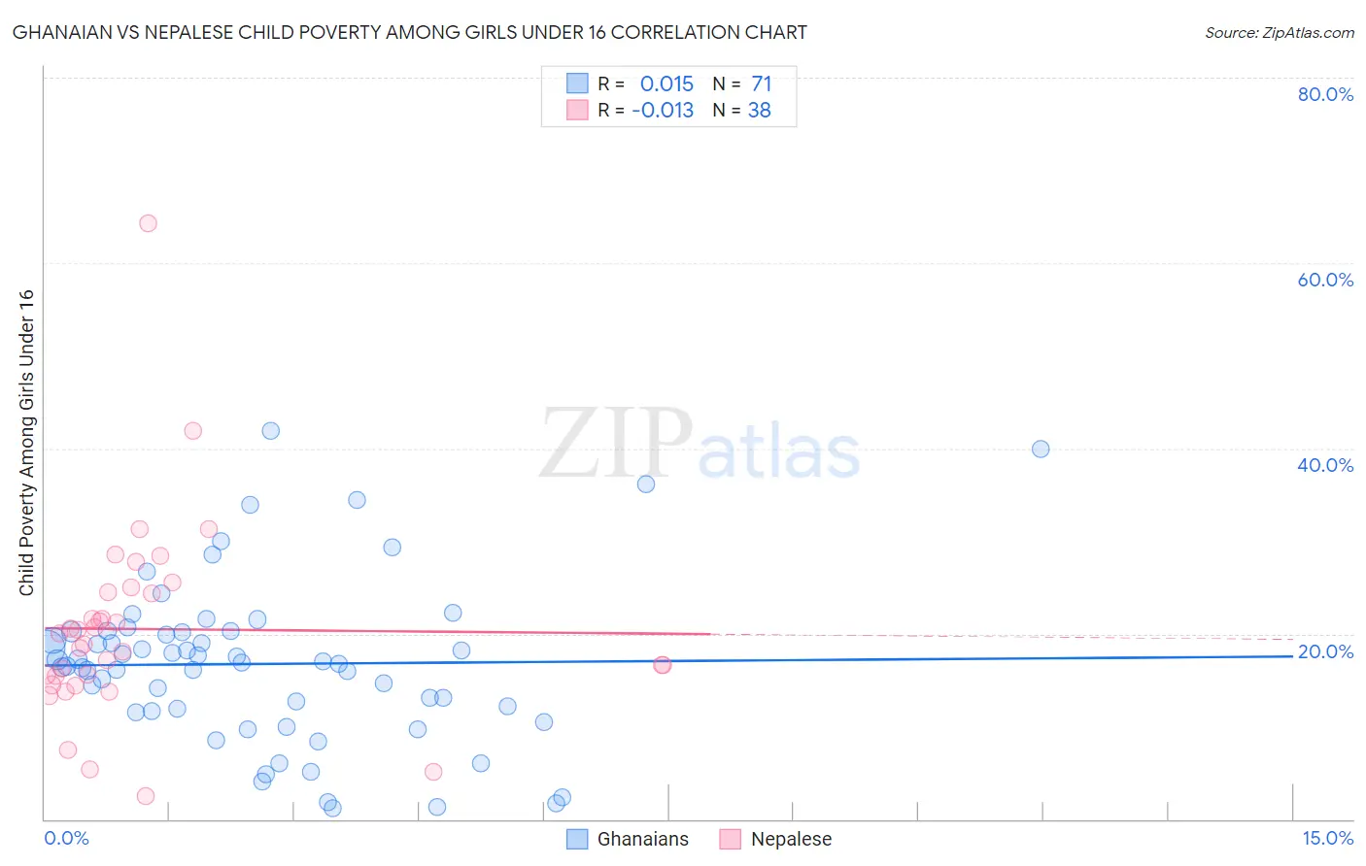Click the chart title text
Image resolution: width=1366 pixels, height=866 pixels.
point(409,33)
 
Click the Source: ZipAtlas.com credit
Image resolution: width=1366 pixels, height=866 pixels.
point(1279,33)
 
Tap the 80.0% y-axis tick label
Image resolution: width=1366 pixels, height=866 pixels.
point(1325,94)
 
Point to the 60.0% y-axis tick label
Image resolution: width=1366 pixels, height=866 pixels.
point(1325,280)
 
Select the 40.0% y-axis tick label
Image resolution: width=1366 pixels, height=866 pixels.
point(1325,465)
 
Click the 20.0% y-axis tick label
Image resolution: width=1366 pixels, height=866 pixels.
point(1325,651)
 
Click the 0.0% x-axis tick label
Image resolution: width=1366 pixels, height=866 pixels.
point(66,839)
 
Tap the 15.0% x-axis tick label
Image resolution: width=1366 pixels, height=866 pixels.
point(1327,839)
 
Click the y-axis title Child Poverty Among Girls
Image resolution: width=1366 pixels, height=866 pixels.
point(26,443)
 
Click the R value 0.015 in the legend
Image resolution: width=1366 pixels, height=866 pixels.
point(666,84)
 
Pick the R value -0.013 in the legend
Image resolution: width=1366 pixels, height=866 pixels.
point(663,111)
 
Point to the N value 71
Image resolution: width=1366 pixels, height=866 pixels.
point(761,84)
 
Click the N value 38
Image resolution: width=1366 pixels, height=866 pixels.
point(759,111)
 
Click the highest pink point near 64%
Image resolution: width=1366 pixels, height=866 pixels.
point(148,223)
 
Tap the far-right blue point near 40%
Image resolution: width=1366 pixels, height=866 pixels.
point(1041,449)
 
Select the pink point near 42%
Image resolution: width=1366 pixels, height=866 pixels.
point(192,431)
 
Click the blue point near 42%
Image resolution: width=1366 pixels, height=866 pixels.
point(271,431)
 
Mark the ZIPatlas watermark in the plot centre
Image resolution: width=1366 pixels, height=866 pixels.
point(700,446)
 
